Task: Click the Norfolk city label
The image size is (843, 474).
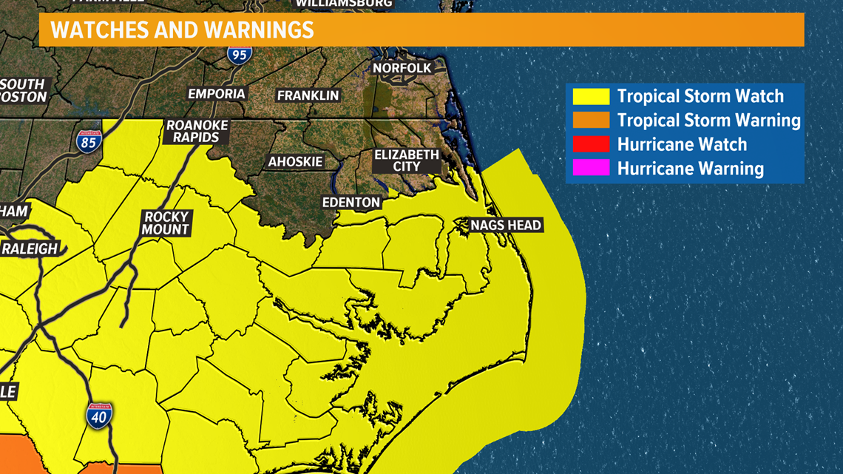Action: [402, 68]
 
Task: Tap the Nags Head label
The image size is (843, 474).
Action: [507, 225]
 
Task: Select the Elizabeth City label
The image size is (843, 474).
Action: [407, 160]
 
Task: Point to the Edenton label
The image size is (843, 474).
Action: [351, 202]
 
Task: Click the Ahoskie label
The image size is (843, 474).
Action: [296, 162]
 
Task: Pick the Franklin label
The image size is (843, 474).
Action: [308, 95]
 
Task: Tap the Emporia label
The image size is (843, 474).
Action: [217, 94]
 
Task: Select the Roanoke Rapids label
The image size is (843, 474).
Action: [197, 131]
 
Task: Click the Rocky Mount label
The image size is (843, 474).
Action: [166, 223]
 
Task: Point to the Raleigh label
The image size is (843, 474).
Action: [29, 248]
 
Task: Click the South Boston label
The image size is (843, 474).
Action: [22, 90]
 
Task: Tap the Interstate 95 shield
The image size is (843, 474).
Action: [240, 53]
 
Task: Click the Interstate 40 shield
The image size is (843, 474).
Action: [100, 416]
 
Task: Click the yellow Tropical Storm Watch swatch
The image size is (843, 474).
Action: [591, 96]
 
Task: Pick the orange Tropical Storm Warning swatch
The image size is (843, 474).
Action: [591, 120]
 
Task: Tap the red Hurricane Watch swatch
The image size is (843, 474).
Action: [591, 144]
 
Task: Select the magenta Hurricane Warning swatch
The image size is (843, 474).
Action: [591, 169]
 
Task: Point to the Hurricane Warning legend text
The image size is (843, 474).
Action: [690, 169]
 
